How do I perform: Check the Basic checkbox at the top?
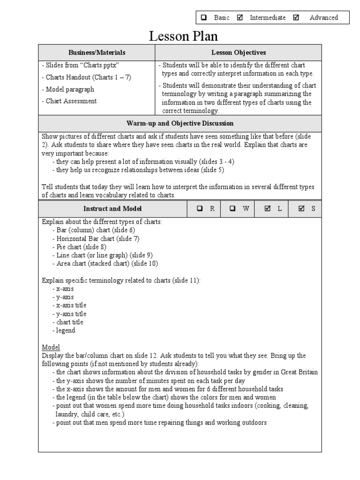point(204,18)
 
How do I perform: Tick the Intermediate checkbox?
point(240,18)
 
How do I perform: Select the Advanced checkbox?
point(296,18)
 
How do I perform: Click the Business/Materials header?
point(97,53)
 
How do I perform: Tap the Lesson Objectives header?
point(239,53)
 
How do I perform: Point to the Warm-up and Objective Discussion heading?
point(180,123)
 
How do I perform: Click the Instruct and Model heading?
point(112,209)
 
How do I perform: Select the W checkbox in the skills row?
point(232,209)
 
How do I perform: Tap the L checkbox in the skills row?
point(268,209)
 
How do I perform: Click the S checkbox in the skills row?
point(302,209)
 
